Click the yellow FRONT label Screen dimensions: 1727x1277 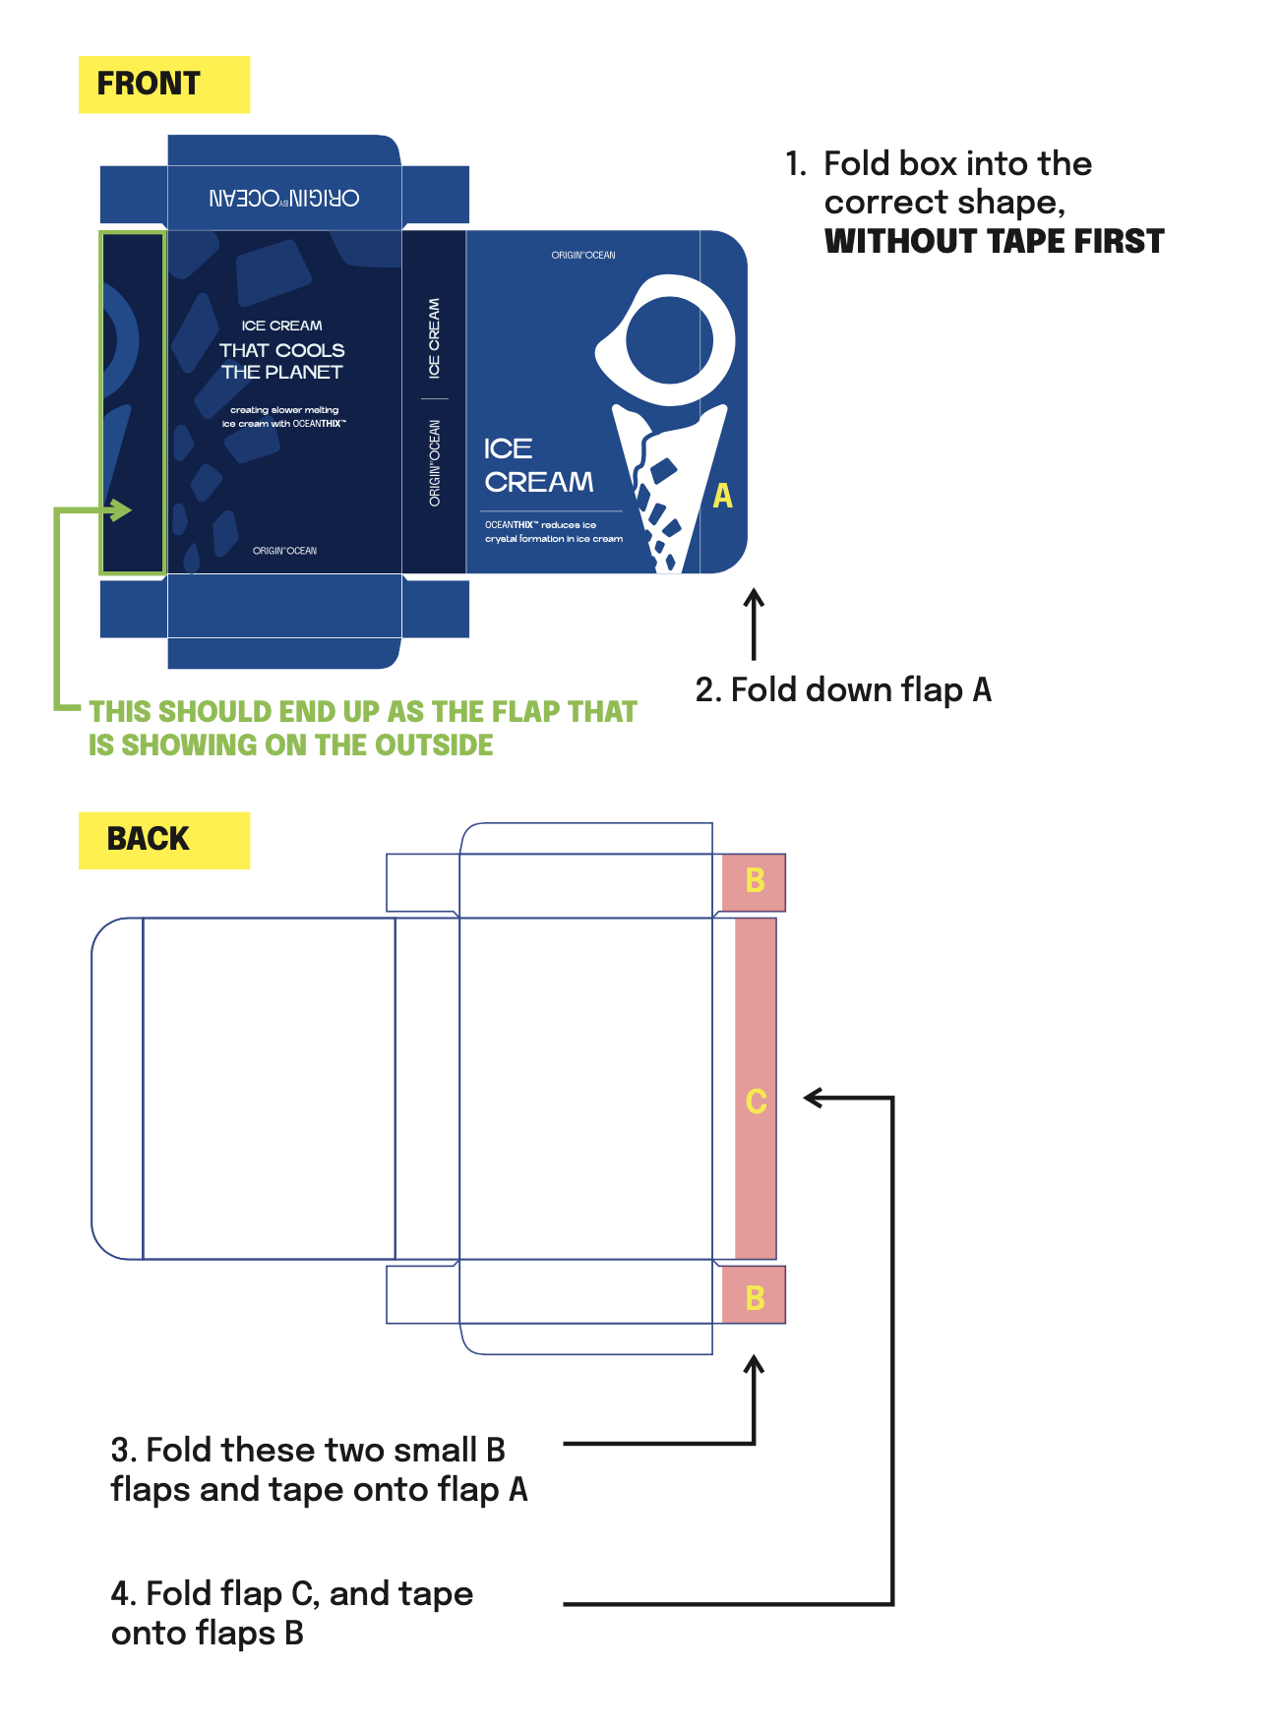[163, 85]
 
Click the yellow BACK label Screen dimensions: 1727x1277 [163, 840]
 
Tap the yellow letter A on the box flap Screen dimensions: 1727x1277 [723, 497]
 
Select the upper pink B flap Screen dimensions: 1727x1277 [754, 881]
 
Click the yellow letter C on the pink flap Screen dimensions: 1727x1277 [756, 1102]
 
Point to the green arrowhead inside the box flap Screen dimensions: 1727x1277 [122, 510]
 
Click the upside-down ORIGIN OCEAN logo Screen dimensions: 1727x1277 [283, 199]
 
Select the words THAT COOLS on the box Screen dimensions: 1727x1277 [282, 351]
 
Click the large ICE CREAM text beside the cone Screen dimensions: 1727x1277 [538, 466]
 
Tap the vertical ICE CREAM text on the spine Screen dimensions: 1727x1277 [434, 338]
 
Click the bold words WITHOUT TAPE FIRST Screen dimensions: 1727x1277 [994, 242]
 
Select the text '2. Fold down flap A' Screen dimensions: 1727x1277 [843, 690]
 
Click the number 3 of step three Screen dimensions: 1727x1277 [121, 1451]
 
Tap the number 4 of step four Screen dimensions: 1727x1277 [121, 1594]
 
